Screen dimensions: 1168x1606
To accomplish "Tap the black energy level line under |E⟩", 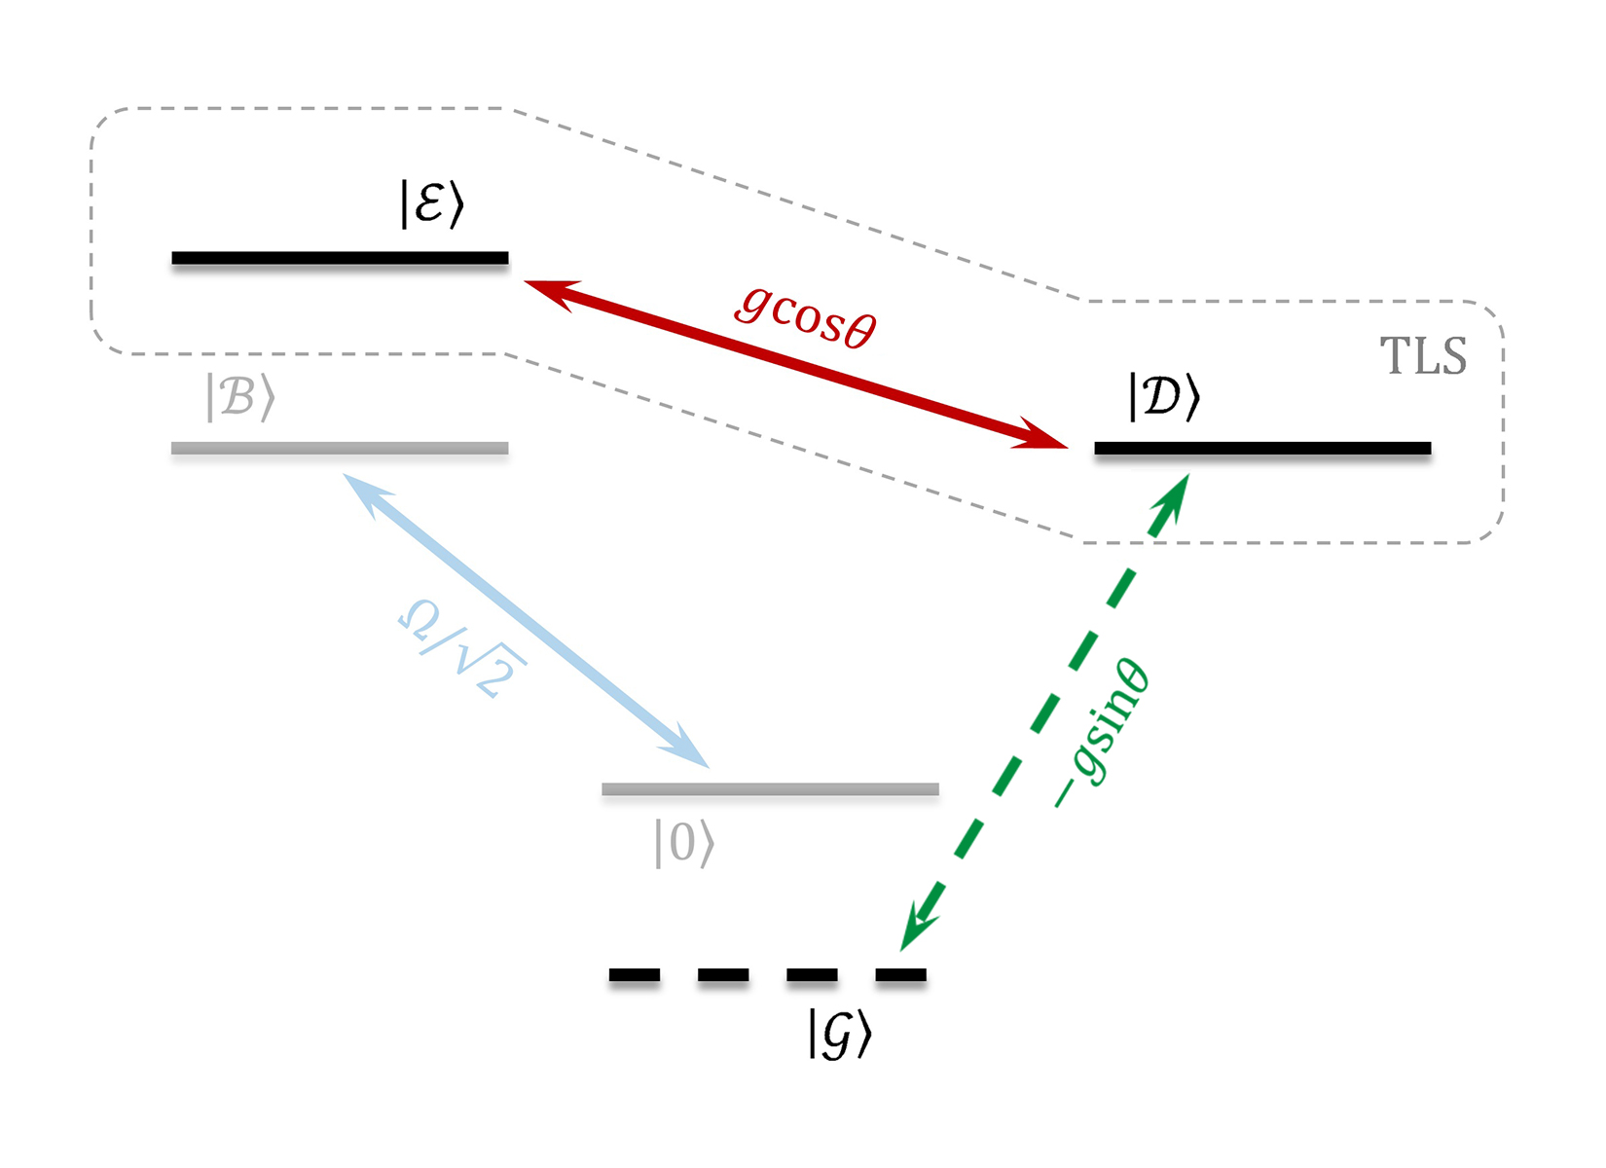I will (340, 258).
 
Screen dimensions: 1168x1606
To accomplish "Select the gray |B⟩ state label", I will (240, 397).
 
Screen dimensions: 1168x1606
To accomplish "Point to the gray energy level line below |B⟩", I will (340, 449).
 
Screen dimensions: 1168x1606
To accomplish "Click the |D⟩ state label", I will (1164, 397).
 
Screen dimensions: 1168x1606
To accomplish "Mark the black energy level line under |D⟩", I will (1262, 449).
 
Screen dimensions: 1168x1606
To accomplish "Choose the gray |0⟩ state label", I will (684, 843).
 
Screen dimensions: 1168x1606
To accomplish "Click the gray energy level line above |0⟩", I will (770, 789).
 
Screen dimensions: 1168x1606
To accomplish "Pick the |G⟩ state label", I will (839, 1034).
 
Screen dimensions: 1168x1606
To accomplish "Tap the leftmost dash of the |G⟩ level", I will (635, 974).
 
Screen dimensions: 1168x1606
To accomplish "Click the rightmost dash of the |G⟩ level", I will (900, 974).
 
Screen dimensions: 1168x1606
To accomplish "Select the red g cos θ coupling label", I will (806, 315).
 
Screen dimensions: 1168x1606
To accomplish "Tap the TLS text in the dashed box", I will (1423, 356).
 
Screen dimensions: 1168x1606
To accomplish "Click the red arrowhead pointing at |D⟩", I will (1041, 436).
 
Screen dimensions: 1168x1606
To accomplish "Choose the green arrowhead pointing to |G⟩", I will (917, 925).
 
